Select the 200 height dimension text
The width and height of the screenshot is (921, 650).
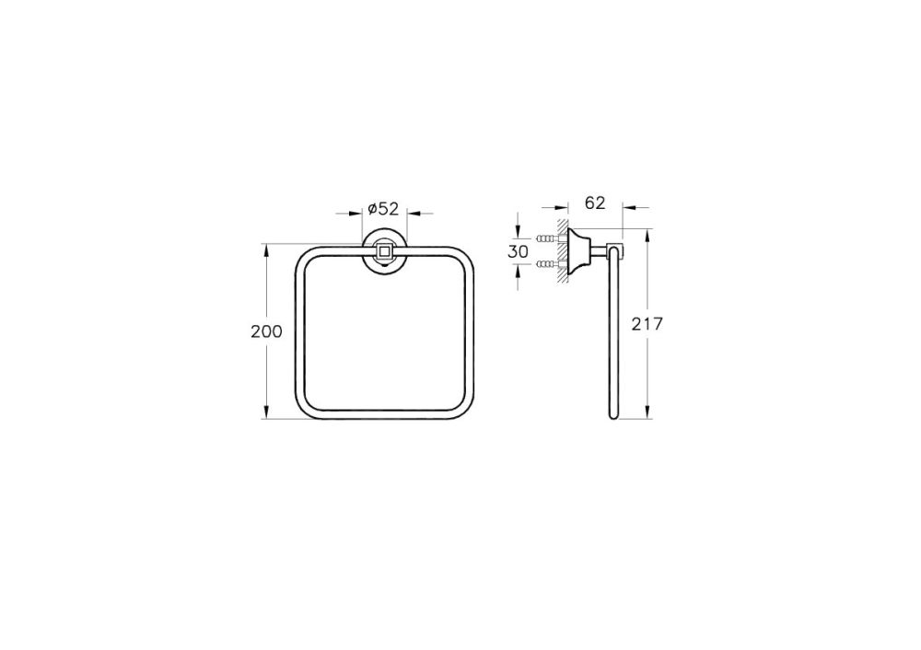(266, 331)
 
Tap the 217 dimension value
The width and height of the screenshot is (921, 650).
(648, 323)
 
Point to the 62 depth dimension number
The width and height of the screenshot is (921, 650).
(595, 203)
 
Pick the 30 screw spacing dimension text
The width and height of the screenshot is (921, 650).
(519, 251)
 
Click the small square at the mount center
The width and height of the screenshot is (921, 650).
(384, 250)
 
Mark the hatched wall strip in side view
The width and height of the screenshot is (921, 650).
(560, 252)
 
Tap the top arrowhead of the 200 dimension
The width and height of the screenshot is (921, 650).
(266, 249)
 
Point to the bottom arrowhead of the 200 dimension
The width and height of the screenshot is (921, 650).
(266, 414)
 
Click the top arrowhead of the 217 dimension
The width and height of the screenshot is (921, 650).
(648, 234)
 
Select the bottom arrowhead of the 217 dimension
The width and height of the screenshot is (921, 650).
(648, 414)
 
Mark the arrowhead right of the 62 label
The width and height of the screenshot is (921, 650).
(630, 207)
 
